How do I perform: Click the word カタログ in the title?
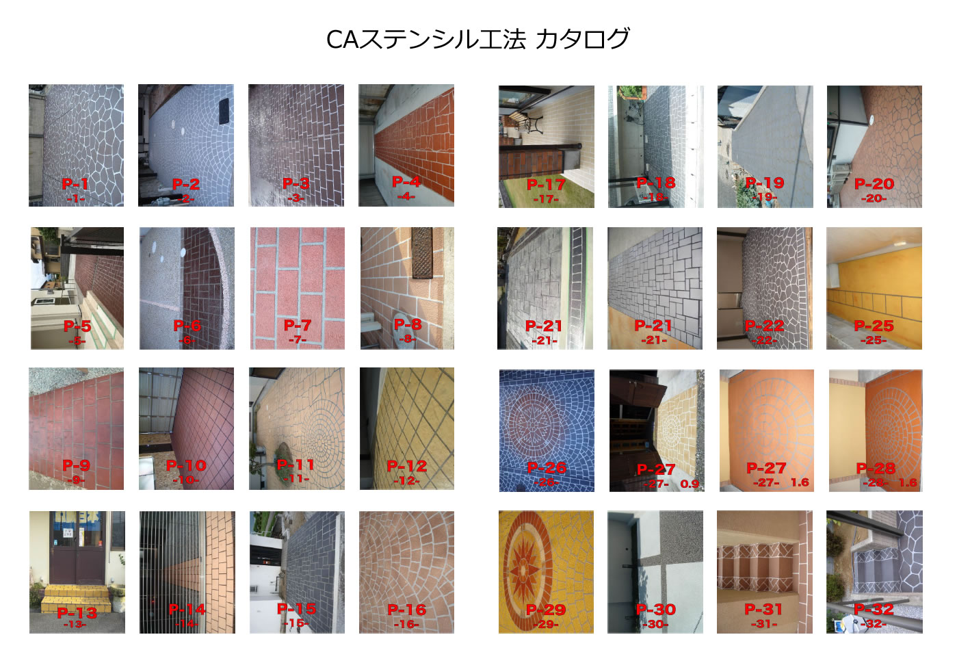click(582, 39)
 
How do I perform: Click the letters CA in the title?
click(342, 40)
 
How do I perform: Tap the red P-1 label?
click(75, 183)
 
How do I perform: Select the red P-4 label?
click(406, 181)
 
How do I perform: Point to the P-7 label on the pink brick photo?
click(298, 325)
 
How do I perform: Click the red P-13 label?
click(77, 612)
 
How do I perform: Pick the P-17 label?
click(546, 184)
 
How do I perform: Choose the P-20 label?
click(874, 183)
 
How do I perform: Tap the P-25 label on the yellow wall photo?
click(874, 326)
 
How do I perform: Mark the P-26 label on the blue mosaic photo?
click(547, 467)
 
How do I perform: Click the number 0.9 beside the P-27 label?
click(690, 484)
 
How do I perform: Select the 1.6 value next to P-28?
click(908, 482)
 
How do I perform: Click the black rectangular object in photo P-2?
click(224, 112)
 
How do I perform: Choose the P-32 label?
click(874, 609)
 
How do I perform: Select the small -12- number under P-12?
click(406, 480)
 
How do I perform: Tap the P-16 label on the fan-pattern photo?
click(406, 609)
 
